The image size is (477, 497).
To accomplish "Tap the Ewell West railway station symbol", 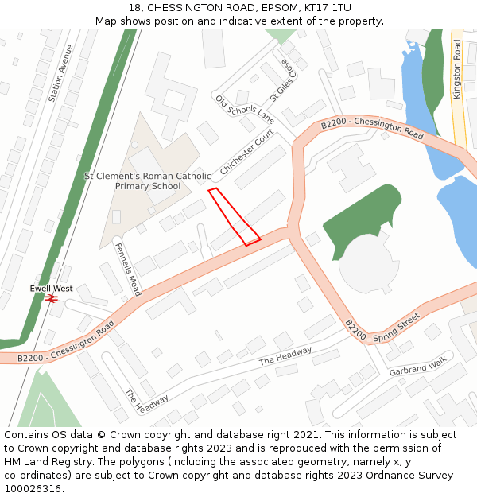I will [52, 298].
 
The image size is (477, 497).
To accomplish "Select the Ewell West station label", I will [52, 288].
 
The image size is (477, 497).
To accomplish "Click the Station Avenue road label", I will [66, 73].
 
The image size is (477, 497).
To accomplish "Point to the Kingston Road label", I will [457, 69].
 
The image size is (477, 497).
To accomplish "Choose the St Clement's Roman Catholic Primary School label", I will [148, 181].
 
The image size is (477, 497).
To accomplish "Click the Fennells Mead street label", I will [127, 269].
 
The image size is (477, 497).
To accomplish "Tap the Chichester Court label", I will [246, 153].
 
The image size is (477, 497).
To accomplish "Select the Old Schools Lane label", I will [244, 111].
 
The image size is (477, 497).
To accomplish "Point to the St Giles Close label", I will [282, 80].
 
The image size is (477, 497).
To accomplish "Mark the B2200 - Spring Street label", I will [382, 328].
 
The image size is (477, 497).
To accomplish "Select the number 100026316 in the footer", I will [33, 488].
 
